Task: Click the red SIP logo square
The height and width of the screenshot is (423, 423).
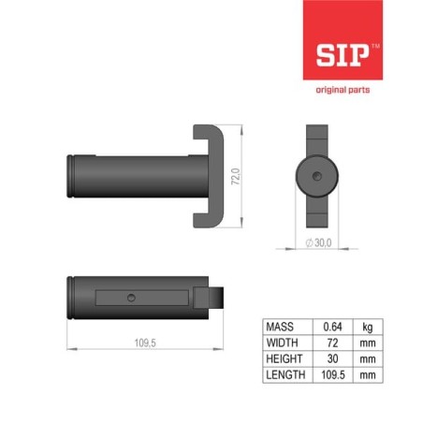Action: pos(343,40)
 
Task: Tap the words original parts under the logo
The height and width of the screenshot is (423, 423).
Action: pos(343,90)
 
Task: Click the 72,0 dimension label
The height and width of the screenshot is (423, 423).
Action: pos(236,177)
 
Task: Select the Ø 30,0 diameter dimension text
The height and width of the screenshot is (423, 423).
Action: pos(318,242)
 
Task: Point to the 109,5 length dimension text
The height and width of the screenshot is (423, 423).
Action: pos(145,343)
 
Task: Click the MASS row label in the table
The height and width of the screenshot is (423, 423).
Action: pos(280,327)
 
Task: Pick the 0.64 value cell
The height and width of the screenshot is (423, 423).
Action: pos(332,327)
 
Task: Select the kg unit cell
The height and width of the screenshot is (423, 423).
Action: pos(368,328)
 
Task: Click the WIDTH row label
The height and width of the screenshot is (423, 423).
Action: pos(282,343)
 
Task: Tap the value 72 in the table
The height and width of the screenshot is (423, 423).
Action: pos(332,343)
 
